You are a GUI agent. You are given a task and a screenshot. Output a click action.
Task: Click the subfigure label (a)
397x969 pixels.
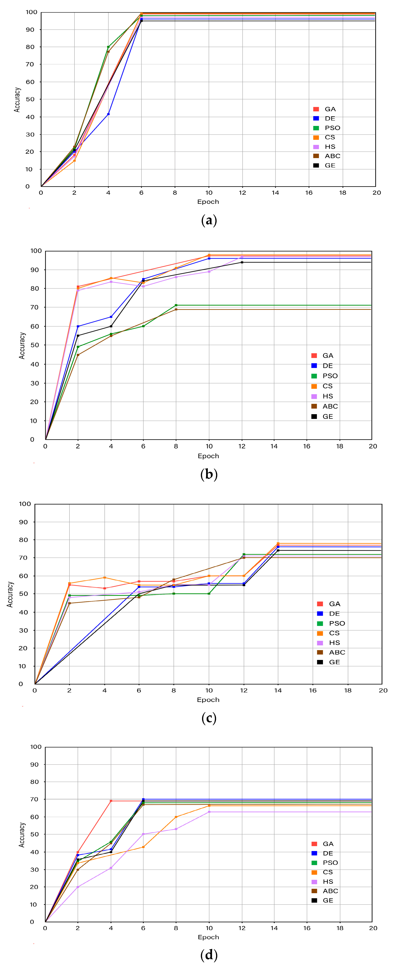pyautogui.click(x=209, y=220)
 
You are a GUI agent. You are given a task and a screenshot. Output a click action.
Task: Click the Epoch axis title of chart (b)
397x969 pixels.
pyautogui.click(x=208, y=456)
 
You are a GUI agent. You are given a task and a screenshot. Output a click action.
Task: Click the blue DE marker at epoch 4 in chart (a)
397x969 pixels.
pyautogui.click(x=108, y=114)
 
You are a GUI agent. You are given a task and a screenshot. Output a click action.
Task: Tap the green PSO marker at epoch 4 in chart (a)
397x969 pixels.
pyautogui.click(x=108, y=47)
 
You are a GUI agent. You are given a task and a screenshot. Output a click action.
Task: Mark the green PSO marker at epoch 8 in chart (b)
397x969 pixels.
pyautogui.click(x=176, y=305)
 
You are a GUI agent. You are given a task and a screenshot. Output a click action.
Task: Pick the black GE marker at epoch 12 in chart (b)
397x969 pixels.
pyautogui.click(x=242, y=262)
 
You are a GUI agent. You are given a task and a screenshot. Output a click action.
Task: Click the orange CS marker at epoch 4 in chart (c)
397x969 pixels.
pyautogui.click(x=104, y=577)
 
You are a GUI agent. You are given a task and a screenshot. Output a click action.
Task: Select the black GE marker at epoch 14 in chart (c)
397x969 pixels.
pyautogui.click(x=278, y=550)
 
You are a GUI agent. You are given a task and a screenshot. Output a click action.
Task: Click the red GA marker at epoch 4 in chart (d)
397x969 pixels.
pyautogui.click(x=111, y=801)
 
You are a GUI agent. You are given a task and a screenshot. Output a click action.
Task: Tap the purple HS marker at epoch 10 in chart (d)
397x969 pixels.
pyautogui.click(x=209, y=812)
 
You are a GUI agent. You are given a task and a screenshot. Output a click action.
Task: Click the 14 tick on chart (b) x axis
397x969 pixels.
pyautogui.click(x=274, y=446)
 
